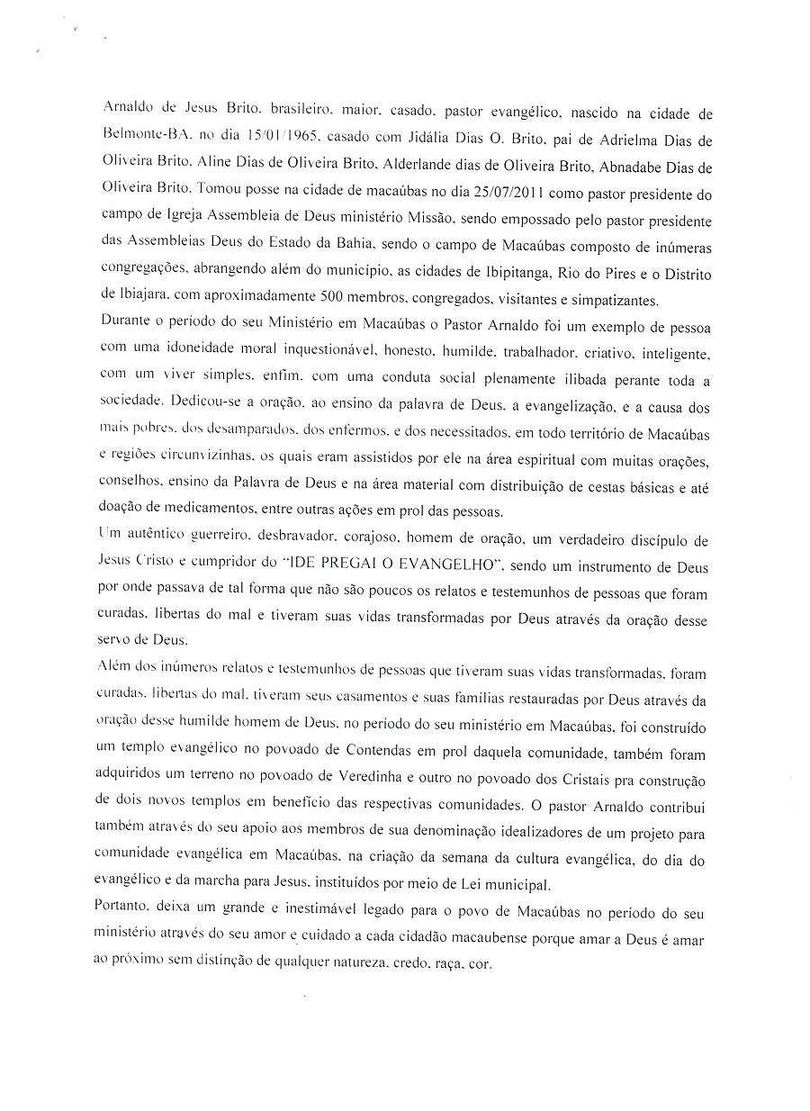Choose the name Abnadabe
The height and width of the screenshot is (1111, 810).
click(630, 167)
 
